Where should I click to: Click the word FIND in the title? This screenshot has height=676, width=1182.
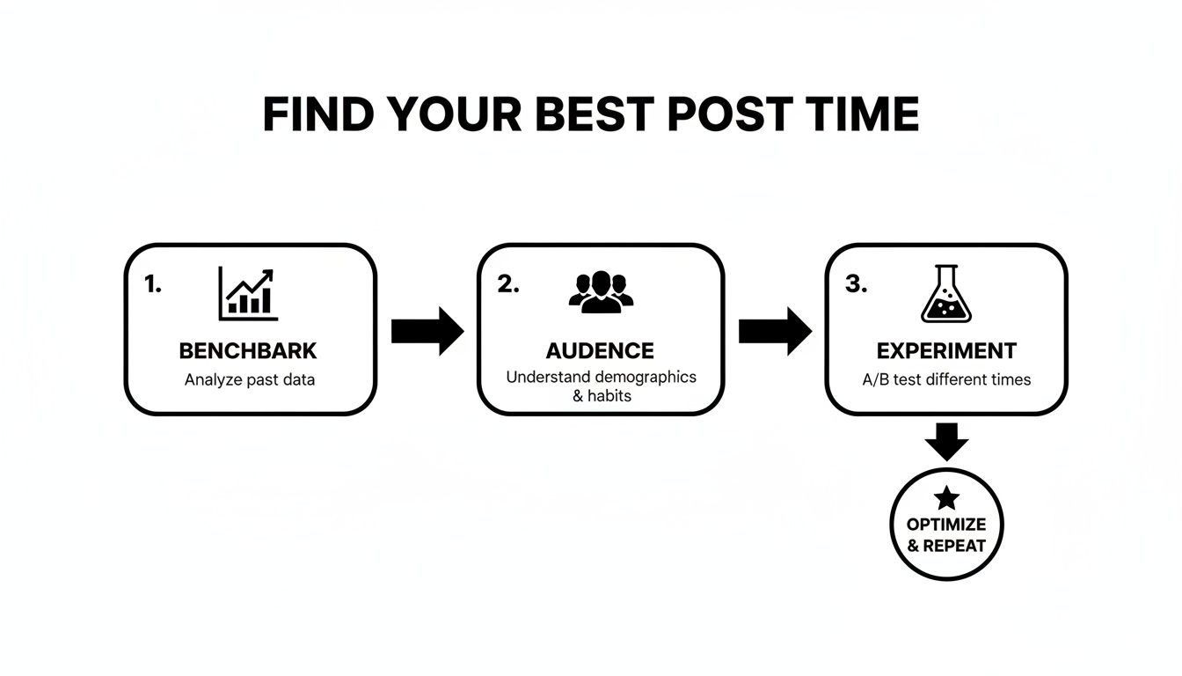pos(317,114)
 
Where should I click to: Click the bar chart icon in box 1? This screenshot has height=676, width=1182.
pos(248,294)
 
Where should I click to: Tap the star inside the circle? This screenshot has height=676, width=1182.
pos(946,498)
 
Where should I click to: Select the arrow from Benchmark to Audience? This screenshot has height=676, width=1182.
pos(427,331)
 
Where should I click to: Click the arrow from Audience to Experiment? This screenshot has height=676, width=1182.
pos(775,331)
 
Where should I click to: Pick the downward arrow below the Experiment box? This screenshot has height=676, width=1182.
pos(946,441)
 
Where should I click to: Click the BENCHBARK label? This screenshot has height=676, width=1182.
pos(248,351)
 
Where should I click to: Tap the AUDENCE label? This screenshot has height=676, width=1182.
pos(600,351)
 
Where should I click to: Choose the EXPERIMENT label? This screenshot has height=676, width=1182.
pos(946,351)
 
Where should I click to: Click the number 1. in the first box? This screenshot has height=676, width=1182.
pos(153,284)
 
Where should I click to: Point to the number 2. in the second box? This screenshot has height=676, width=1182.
pos(508,284)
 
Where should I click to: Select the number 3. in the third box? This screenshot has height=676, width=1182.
pos(856,284)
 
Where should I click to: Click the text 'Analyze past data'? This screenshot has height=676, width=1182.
pos(248,380)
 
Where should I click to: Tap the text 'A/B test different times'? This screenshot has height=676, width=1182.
pos(946,380)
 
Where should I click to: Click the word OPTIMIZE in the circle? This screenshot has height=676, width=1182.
pos(946,525)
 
